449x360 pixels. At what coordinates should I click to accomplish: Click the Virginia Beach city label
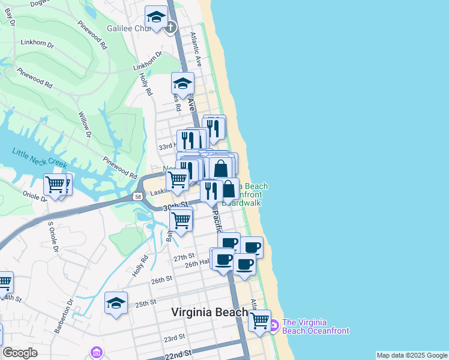pos(209,312)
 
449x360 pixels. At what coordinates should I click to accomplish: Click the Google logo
pos(20,353)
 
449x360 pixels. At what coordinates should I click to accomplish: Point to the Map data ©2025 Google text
pos(412,355)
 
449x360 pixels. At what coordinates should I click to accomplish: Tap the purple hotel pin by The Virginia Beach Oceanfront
pos(273,326)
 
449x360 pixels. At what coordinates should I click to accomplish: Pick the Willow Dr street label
pos(85,124)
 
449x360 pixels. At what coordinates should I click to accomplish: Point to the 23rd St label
pos(174,338)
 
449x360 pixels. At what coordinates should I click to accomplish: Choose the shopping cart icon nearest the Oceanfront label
pos(259,321)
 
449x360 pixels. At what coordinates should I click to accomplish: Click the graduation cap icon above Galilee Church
pos(156,18)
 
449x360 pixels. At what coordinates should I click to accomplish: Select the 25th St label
pos(145,303)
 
